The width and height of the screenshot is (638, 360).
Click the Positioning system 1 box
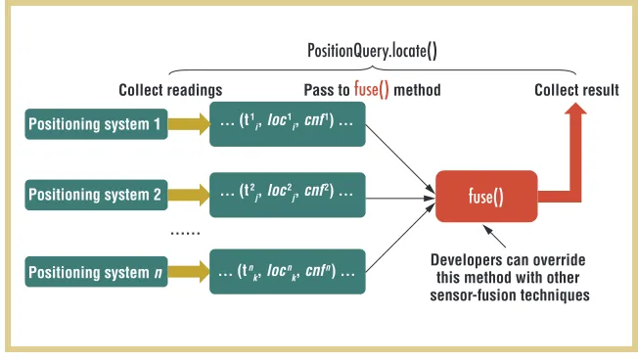(x=97, y=124)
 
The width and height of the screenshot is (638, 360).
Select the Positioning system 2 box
(x=97, y=195)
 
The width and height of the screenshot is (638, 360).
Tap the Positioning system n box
(x=97, y=272)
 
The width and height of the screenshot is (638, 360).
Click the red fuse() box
(x=486, y=197)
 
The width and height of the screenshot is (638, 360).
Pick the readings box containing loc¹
(x=288, y=124)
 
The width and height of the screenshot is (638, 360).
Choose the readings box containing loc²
(x=288, y=195)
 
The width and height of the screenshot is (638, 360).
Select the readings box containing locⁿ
(x=288, y=272)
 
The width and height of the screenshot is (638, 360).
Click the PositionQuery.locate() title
(x=372, y=51)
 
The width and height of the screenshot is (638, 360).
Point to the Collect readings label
(x=170, y=90)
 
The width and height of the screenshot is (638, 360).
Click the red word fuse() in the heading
(x=372, y=90)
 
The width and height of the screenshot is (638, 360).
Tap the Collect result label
(x=576, y=90)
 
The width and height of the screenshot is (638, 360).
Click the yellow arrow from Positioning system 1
(x=189, y=124)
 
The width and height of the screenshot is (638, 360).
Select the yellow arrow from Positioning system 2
(x=189, y=195)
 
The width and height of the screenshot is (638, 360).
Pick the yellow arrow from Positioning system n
(x=189, y=272)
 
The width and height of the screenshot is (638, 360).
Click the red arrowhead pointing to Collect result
(x=575, y=109)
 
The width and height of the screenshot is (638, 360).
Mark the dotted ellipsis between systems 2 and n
(x=185, y=233)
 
